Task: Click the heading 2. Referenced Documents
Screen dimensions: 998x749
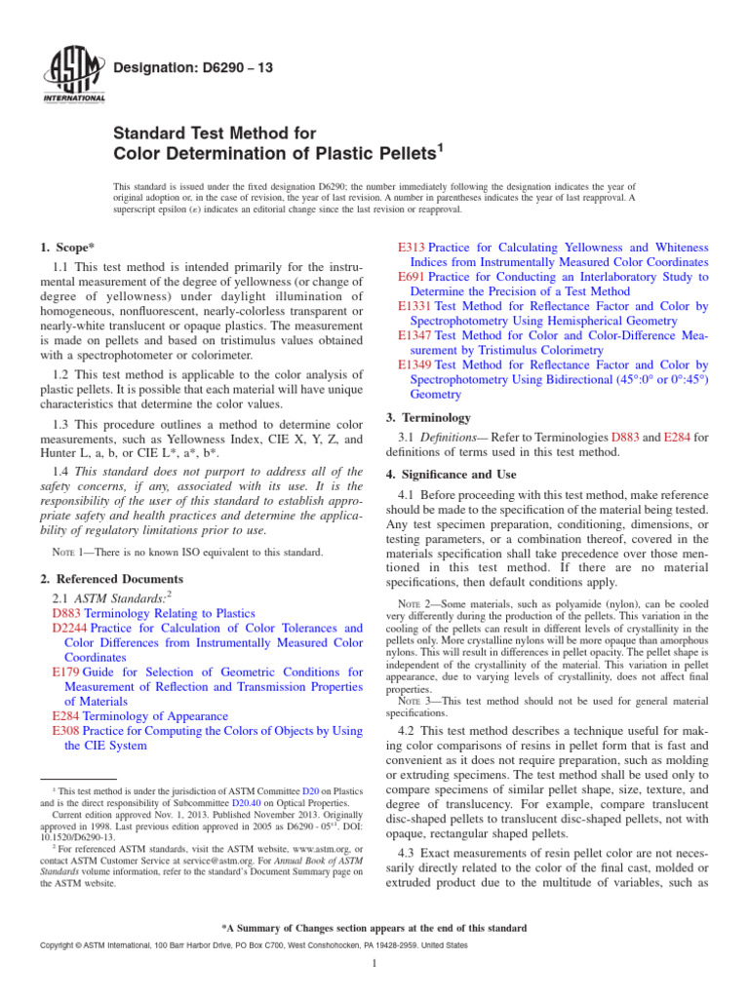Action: click(x=106, y=579)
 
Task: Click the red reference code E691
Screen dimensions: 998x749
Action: click(x=412, y=278)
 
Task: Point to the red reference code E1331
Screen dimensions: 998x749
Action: click(x=415, y=306)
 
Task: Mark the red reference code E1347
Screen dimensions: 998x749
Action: click(x=415, y=335)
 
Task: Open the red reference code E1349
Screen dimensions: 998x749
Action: click(x=415, y=365)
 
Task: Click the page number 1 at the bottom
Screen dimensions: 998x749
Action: click(x=374, y=964)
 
